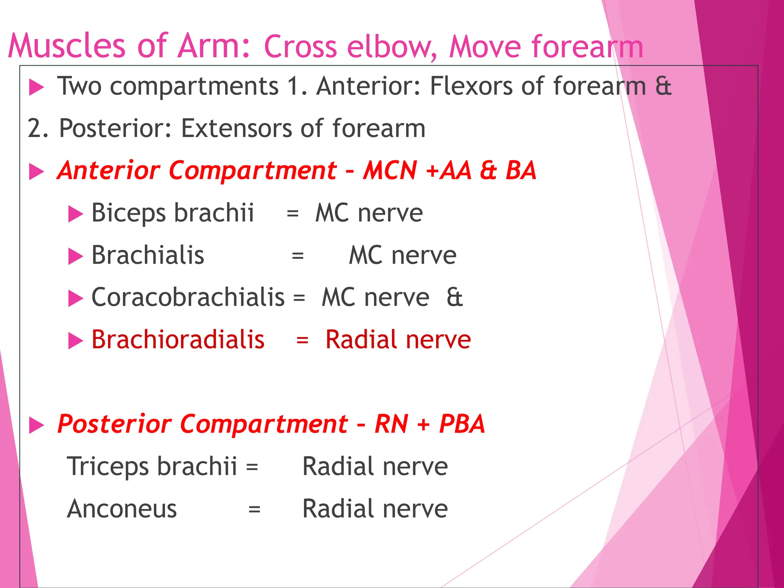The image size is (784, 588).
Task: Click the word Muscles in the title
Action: click(66, 46)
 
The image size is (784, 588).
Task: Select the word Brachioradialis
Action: click(178, 340)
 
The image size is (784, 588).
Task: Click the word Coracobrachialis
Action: click(188, 297)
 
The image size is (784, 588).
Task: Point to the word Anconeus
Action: click(122, 509)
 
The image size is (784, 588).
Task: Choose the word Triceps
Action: click(108, 467)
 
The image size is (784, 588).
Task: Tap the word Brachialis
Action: click(148, 255)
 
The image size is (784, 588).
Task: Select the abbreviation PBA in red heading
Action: click(462, 424)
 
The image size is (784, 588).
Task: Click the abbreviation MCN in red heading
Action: click(390, 170)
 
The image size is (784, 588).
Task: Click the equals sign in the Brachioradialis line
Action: click(302, 340)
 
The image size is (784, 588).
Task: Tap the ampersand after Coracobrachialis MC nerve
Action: click(454, 297)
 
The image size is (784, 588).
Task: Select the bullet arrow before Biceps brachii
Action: click(75, 214)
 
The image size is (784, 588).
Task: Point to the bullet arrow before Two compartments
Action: click(37, 87)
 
